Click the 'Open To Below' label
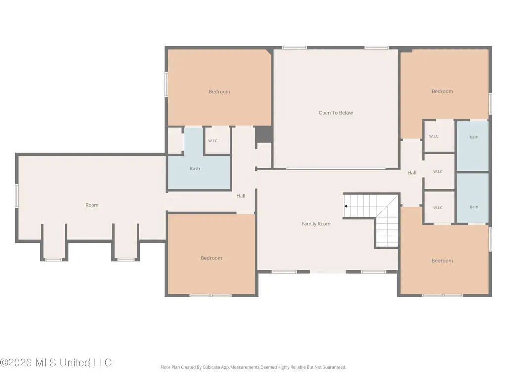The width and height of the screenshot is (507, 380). pyautogui.click(x=336, y=113)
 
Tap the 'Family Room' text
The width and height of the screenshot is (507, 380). pyautogui.click(x=316, y=224)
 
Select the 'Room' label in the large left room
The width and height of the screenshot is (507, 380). pyautogui.click(x=92, y=205)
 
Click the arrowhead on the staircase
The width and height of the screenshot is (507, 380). pyautogui.click(x=346, y=206)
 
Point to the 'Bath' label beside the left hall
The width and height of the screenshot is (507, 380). pyautogui.click(x=195, y=169)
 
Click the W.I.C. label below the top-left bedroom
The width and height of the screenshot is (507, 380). pyautogui.click(x=213, y=141)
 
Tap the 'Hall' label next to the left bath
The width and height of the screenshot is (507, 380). pyautogui.click(x=241, y=196)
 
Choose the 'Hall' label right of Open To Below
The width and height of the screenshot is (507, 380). pyautogui.click(x=412, y=173)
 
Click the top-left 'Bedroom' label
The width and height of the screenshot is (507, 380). pyautogui.click(x=219, y=92)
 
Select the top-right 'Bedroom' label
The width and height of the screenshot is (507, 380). pyautogui.click(x=442, y=91)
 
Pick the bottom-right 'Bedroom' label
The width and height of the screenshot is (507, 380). pyautogui.click(x=442, y=261)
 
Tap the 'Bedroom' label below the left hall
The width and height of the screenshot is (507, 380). pyautogui.click(x=212, y=258)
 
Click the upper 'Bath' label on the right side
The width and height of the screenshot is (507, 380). pyautogui.click(x=474, y=137)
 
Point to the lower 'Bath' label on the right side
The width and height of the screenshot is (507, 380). pyautogui.click(x=474, y=207)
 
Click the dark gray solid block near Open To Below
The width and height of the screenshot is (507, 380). pyautogui.click(x=264, y=134)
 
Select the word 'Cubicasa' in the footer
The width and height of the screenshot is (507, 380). pyautogui.click(x=212, y=367)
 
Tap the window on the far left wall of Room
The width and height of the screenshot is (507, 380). pyautogui.click(x=17, y=196)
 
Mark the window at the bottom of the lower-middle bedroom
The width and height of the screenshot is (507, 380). pyautogui.click(x=211, y=296)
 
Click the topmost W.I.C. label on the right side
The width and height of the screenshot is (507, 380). pyautogui.click(x=434, y=137)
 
